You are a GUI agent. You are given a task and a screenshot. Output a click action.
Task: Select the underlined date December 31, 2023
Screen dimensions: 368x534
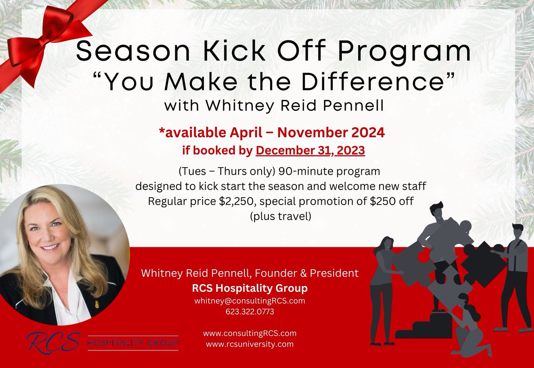pyautogui.click(x=310, y=151)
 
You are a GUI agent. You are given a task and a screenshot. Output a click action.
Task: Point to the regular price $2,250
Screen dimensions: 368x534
pyautogui.click(x=238, y=201)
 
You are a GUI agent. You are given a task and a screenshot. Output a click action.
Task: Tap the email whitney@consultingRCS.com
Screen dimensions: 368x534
pyautogui.click(x=249, y=301)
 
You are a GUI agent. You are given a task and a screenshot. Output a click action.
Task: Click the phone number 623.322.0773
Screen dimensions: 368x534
pyautogui.click(x=250, y=312)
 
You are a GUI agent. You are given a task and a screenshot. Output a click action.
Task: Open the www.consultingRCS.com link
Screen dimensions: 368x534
pyautogui.click(x=249, y=333)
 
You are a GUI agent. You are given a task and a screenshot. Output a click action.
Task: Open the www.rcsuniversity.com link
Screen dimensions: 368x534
pyautogui.click(x=249, y=344)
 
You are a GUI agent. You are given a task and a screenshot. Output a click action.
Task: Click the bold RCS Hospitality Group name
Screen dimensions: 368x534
pyautogui.click(x=250, y=288)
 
